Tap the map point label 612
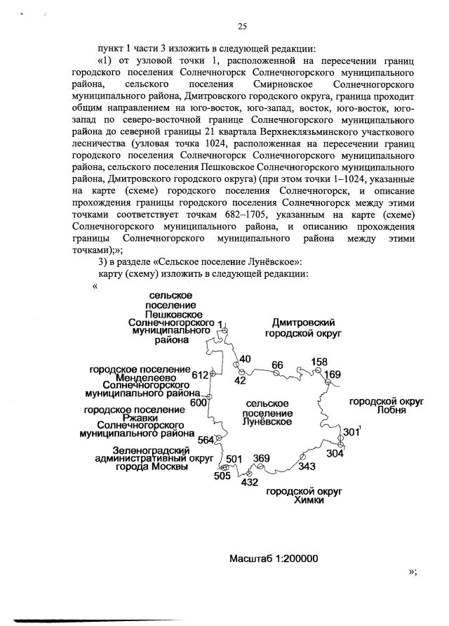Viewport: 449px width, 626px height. pyautogui.click(x=201, y=375)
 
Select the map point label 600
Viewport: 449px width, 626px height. pyautogui.click(x=199, y=403)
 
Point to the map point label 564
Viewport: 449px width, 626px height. pyautogui.click(x=206, y=440)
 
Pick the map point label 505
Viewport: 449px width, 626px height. pyautogui.click(x=222, y=476)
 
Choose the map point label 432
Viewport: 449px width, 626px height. pyautogui.click(x=249, y=483)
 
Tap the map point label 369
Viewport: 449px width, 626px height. pyautogui.click(x=261, y=459)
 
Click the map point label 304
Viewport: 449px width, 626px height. pyautogui.click(x=335, y=454)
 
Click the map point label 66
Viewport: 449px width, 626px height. pyautogui.click(x=277, y=365)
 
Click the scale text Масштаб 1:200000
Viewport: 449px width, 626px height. pyautogui.click(x=274, y=559)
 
